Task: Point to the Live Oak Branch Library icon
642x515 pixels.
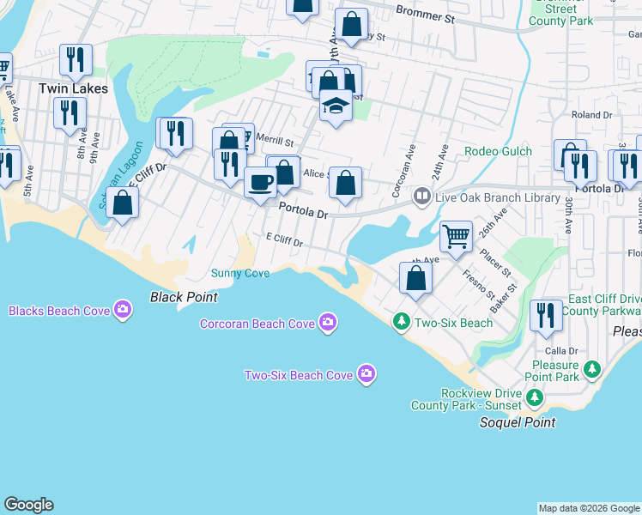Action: [x=421, y=197]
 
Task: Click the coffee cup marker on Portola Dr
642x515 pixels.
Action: [x=260, y=182]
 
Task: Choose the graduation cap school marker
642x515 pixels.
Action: [x=336, y=106]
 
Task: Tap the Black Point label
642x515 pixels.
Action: [x=184, y=297]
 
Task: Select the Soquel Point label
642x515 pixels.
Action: [x=517, y=422]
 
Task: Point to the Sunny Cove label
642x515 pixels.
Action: [x=240, y=273]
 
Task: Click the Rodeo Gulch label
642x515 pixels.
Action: [x=498, y=152]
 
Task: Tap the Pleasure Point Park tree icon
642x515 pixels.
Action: [x=591, y=369]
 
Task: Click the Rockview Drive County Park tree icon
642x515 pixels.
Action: [x=535, y=397]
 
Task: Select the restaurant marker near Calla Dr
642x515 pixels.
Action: [x=546, y=315]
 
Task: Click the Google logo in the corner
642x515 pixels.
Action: [x=28, y=505]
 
